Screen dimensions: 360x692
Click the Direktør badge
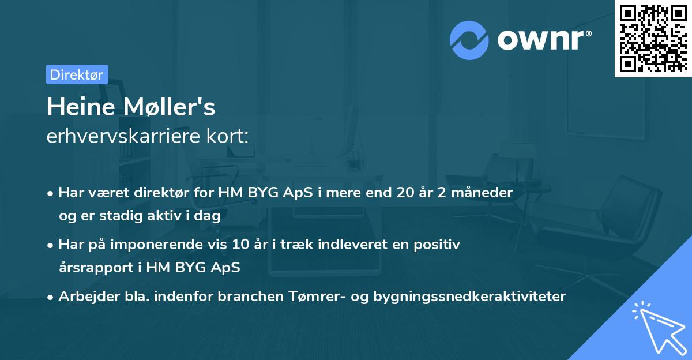77,74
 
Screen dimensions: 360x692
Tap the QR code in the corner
653,39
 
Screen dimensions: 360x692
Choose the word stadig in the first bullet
125,216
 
